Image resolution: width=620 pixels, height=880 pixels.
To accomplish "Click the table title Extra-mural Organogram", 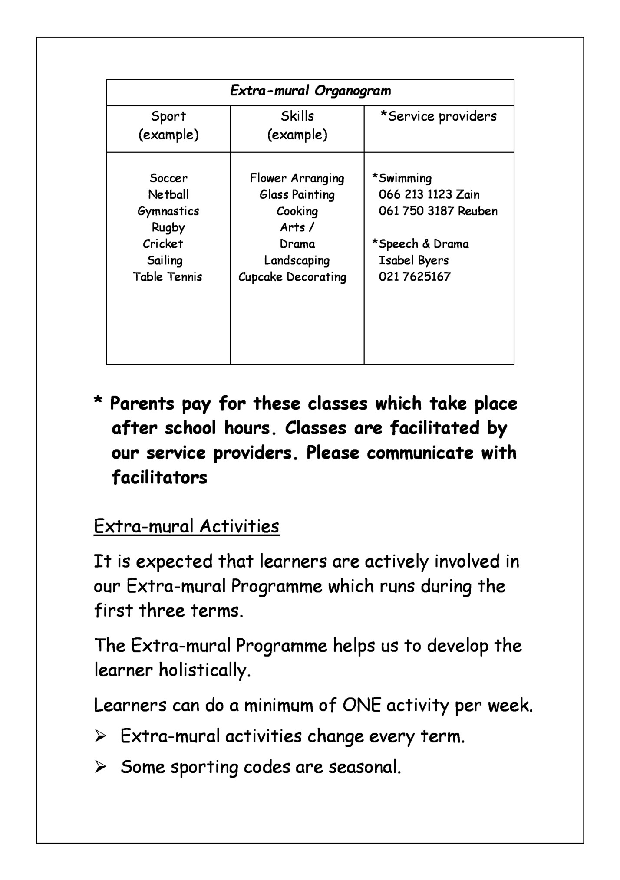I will [x=310, y=91].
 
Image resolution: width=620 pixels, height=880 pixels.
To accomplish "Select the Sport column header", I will [x=168, y=116].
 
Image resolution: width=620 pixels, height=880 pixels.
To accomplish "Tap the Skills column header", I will [x=297, y=116].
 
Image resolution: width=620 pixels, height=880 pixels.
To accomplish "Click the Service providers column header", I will [x=439, y=116].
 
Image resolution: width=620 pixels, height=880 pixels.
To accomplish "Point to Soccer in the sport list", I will [x=168, y=178].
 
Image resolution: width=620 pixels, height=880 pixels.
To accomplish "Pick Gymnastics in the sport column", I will [x=168, y=211].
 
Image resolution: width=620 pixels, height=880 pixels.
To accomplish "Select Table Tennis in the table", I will [x=168, y=277].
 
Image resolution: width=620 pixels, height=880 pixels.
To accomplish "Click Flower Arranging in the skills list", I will [x=297, y=178].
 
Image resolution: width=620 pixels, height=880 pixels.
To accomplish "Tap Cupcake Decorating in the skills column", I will [x=292, y=277].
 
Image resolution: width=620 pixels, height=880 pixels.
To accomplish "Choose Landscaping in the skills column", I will [x=297, y=261].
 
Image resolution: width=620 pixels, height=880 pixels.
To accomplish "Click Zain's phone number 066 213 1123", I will [x=415, y=195].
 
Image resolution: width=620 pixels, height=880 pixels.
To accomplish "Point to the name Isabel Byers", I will [x=413, y=261].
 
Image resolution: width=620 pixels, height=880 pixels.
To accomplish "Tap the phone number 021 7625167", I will [x=415, y=277].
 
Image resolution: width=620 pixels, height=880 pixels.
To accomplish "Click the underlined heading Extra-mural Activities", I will [x=186, y=527].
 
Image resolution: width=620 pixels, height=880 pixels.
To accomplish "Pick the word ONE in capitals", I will [x=361, y=705].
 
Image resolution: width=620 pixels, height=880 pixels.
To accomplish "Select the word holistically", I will [x=204, y=670].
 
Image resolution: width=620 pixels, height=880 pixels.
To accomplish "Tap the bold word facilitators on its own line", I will [x=159, y=478].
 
